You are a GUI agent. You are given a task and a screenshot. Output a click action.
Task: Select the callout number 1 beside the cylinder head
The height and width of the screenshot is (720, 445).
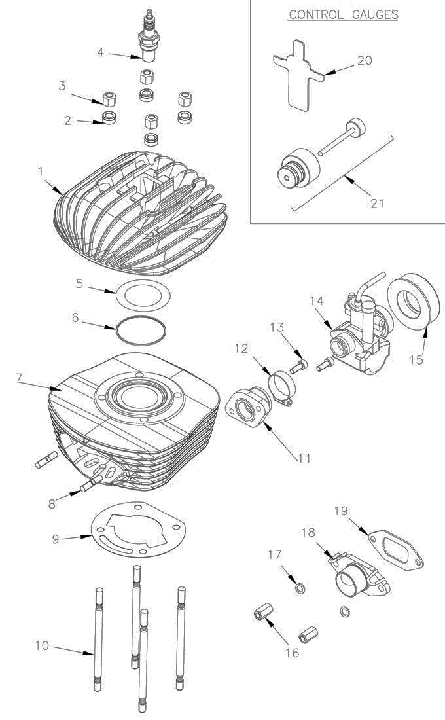[x=41, y=171]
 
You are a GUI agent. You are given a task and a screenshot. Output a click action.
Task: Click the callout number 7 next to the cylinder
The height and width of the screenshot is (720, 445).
[x=19, y=378]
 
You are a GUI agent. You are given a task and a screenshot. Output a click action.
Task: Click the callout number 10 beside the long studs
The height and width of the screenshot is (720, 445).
[x=42, y=645]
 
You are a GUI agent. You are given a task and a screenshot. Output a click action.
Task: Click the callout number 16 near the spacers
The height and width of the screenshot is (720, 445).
[x=292, y=653]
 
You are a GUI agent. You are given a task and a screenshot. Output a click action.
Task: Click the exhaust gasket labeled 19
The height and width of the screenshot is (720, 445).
[x=395, y=549]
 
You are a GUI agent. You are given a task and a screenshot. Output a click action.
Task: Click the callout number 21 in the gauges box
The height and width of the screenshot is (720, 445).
[x=377, y=203]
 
